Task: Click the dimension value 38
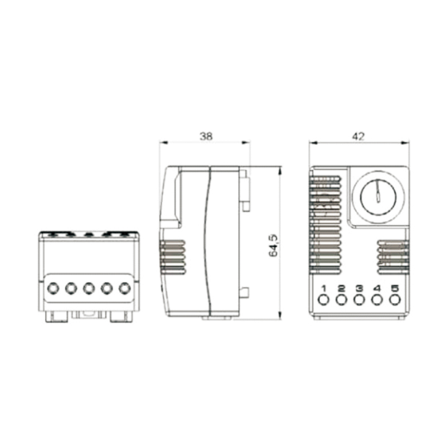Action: pos(206,135)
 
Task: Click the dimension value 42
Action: pos(359,135)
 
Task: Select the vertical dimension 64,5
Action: pos(273,244)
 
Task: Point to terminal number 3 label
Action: pos(360,288)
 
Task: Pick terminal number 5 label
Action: pos(395,288)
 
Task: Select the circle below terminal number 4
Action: pos(377,300)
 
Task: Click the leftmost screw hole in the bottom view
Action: pos(54,288)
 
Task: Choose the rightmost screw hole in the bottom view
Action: pos(124,288)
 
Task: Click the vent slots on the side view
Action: pos(173,258)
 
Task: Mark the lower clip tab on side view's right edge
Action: pos(244,291)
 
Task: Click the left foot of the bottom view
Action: pos(55,316)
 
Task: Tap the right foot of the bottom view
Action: pos(122,316)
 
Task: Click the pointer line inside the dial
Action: pos(377,192)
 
